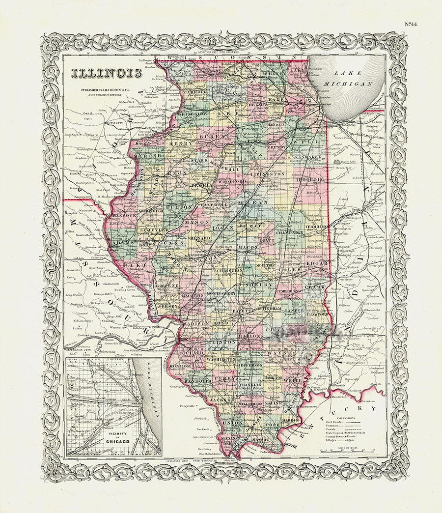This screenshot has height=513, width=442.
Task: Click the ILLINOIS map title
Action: coord(107,73)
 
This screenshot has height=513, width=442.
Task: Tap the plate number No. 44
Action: coord(411,24)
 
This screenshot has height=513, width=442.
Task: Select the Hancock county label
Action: coord(124,215)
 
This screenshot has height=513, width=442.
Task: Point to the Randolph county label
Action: coord(197,380)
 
